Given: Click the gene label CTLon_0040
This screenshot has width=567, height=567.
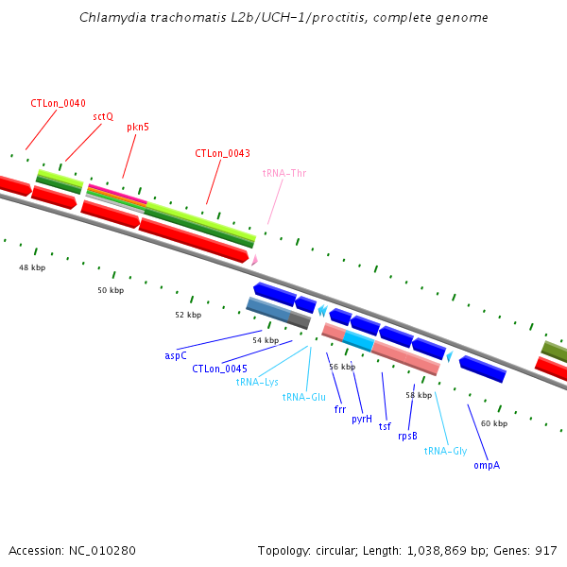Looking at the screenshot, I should coord(58,103).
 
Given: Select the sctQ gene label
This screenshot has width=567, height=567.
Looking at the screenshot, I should coord(103,116).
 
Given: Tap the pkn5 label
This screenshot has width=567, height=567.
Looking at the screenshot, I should coord(138,126).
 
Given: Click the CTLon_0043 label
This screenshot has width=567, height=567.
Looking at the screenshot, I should coord(222,153).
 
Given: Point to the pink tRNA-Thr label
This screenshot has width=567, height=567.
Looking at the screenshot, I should coord(284,173).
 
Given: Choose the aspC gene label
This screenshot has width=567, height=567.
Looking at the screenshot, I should coord(176,355).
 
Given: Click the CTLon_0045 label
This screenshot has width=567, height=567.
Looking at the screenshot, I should coord(219,369).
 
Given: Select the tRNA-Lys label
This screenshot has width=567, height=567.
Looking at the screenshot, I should coord(257,382).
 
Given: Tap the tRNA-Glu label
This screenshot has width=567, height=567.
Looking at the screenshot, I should coord(303,397).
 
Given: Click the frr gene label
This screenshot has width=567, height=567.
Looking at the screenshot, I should coord(340,410).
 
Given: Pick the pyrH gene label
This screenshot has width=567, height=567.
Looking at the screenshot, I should coord(362,418).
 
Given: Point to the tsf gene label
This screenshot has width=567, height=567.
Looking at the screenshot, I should coord(385,426).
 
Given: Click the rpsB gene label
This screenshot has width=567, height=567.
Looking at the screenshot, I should coord(407,436).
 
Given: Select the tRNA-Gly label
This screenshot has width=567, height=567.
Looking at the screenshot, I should coord(445,451).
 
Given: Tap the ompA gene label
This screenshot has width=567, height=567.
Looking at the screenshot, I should coord(487,465).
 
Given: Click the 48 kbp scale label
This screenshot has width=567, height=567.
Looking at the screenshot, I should coord(32,267).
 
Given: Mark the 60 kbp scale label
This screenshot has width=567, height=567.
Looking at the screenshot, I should coord(493,423).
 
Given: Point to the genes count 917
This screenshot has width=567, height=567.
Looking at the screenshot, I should coord(547,550).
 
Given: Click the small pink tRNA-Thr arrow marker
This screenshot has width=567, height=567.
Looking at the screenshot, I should coord(254,259).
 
